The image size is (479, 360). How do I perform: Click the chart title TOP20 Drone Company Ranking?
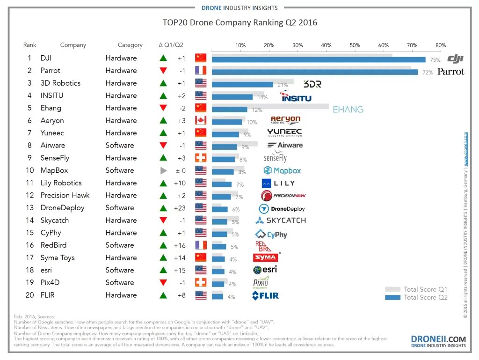tap(239, 22)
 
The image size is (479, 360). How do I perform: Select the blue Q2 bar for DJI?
tap(318, 59)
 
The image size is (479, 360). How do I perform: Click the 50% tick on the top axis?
tap(355, 45)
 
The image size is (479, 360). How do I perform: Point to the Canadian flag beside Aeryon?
tap(201, 120)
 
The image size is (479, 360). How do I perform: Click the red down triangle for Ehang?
tap(163, 108)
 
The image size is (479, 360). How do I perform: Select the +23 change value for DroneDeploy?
tap(180, 208)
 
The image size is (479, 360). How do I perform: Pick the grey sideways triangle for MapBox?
tap(163, 170)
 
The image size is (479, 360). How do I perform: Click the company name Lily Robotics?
tap(61, 183)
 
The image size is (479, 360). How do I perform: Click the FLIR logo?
tap(266, 295)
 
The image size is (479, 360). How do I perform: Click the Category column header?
tap(130, 45)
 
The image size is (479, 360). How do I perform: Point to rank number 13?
tap(29, 208)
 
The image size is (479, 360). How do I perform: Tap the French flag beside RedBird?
tap(201, 245)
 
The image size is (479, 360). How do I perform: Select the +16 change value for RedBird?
tap(180, 245)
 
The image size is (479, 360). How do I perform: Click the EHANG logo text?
tap(348, 110)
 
